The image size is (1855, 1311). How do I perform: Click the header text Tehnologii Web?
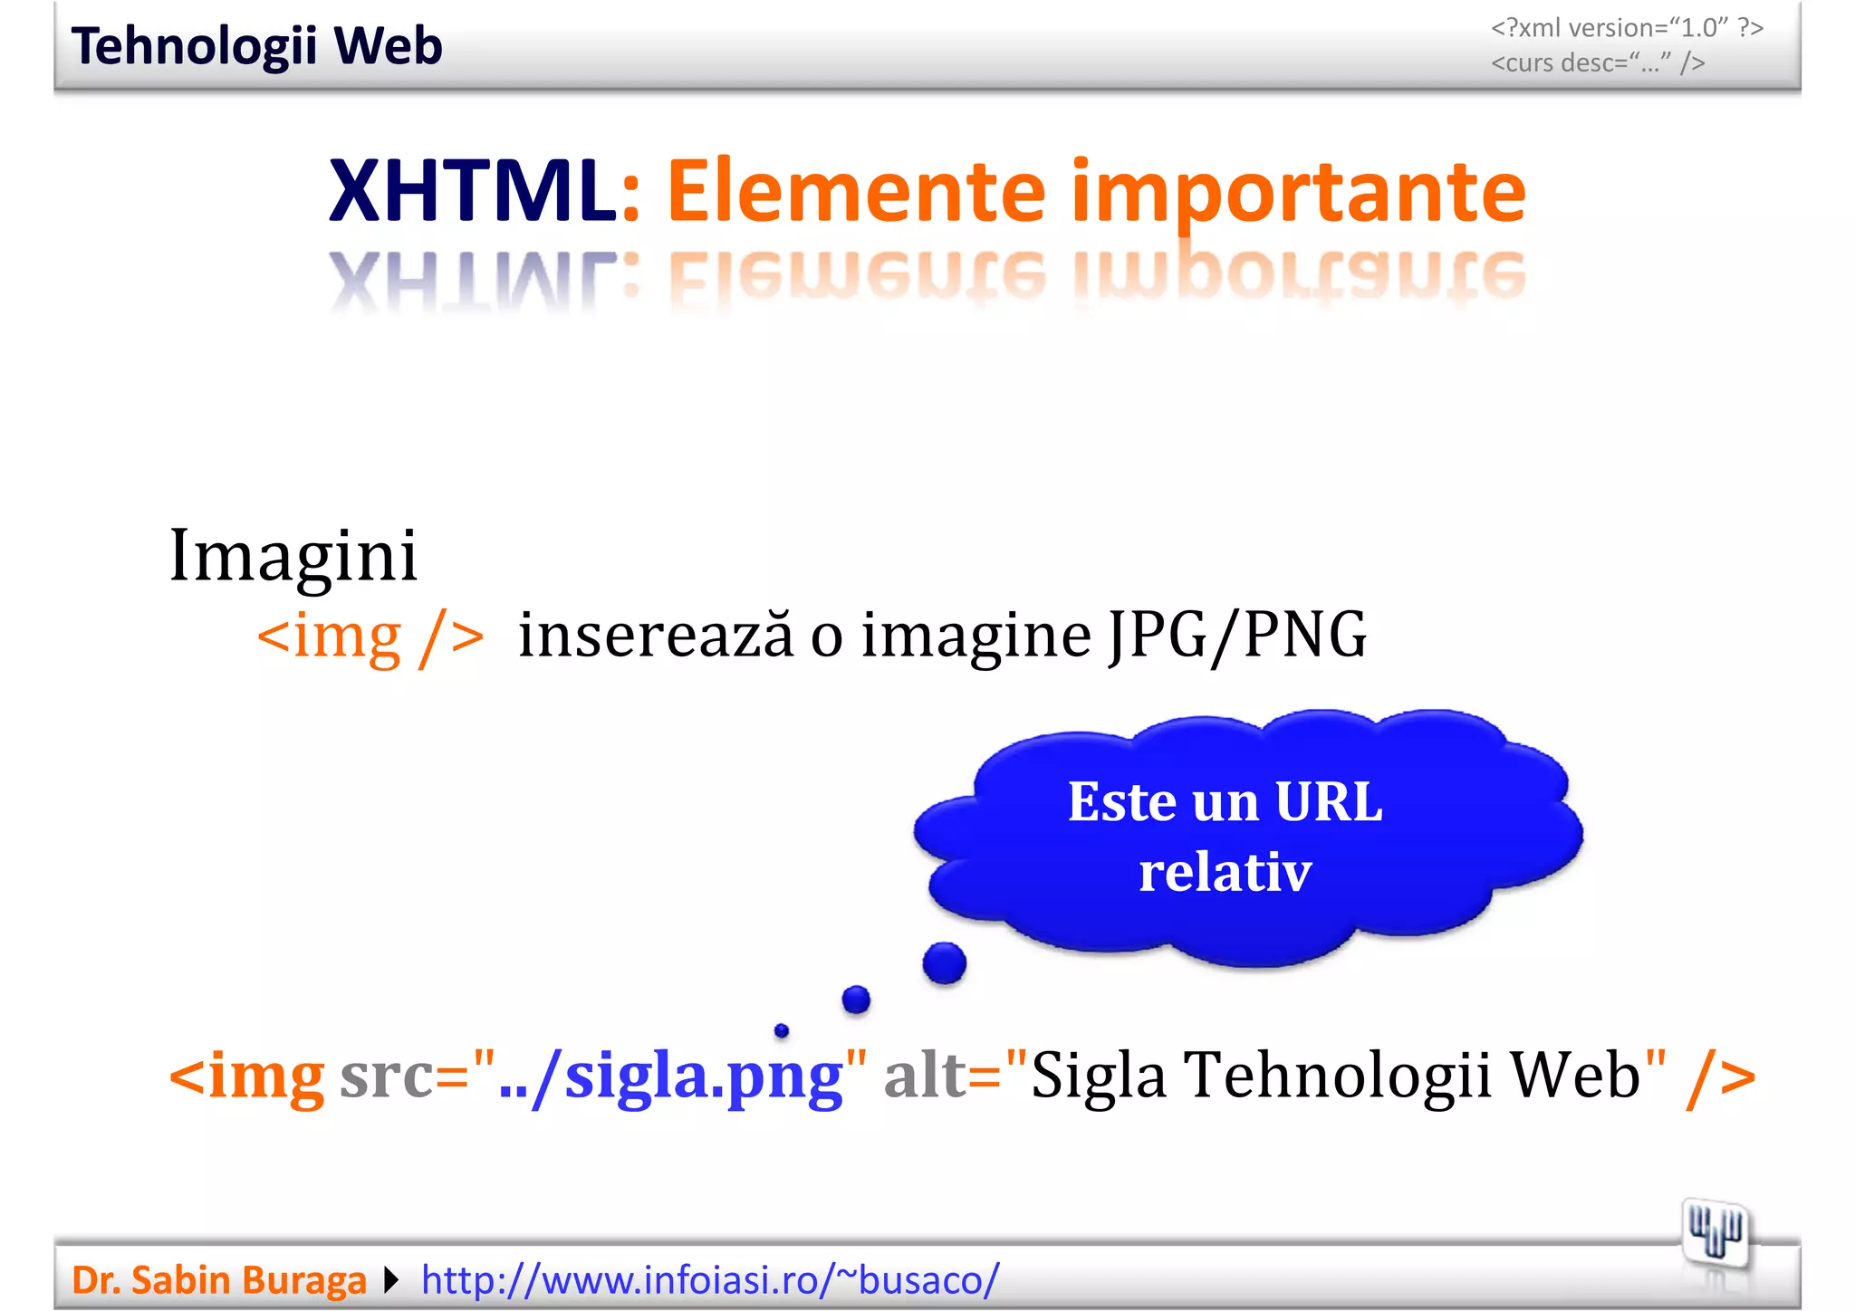[x=256, y=46]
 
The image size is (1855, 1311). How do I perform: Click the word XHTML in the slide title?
[x=472, y=191]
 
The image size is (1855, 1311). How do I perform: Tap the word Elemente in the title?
[x=856, y=191]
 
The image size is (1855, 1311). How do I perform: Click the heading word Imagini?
[x=293, y=555]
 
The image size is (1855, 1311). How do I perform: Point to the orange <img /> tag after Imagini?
[x=370, y=636]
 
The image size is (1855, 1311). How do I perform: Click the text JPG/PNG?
[x=1237, y=636]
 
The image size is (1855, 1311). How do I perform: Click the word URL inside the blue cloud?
[x=1328, y=802]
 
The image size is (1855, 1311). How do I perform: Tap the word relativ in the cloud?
[x=1225, y=872]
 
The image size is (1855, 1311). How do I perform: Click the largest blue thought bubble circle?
[x=944, y=962]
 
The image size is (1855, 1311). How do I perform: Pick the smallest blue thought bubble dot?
[x=782, y=1030]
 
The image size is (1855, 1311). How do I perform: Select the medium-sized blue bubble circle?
[x=856, y=1000]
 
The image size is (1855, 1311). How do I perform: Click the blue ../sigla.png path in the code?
[x=670, y=1077]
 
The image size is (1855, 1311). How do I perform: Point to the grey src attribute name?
[x=386, y=1077]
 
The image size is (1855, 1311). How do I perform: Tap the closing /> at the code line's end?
[x=1719, y=1077]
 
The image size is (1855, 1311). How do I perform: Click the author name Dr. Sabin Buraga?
[x=219, y=1280]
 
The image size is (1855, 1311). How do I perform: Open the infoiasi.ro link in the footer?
[x=710, y=1280]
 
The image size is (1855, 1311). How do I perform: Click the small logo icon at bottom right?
[x=1715, y=1232]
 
